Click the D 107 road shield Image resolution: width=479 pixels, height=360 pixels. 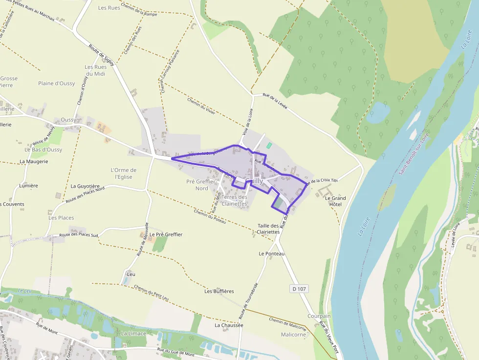click(x=299, y=289)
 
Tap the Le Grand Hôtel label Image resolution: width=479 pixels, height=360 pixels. click(x=335, y=201)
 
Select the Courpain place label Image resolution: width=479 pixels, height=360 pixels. click(x=319, y=316)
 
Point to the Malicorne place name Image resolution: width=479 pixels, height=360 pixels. click(x=294, y=335)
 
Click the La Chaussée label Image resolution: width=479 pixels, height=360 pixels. click(x=229, y=325)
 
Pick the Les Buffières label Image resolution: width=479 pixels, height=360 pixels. click(x=219, y=291)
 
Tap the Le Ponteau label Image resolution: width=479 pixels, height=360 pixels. click(x=272, y=254)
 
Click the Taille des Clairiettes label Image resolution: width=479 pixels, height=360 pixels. click(x=268, y=229)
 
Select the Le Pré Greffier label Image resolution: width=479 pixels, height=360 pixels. click(x=166, y=234)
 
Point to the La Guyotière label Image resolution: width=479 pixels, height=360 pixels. click(x=85, y=186)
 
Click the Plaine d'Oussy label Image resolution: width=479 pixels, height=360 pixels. click(x=57, y=84)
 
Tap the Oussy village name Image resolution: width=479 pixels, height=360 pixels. click(x=68, y=120)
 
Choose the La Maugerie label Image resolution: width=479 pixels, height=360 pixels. click(x=34, y=161)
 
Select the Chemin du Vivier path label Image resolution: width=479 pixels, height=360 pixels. click(x=201, y=106)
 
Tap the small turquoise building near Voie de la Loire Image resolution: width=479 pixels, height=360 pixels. click(x=268, y=146)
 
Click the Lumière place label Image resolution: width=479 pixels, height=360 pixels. click(x=28, y=186)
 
